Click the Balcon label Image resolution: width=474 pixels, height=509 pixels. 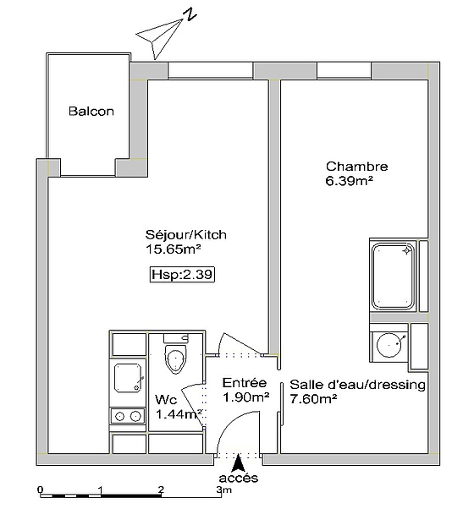pyautogui.click(x=91, y=112)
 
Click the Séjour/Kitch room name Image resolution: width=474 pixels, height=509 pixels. pyautogui.click(x=185, y=235)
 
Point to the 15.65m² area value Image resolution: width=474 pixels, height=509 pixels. pyautogui.click(x=173, y=249)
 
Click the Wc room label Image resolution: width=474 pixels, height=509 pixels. pyautogui.click(x=165, y=400)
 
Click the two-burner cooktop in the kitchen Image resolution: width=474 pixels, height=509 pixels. pyautogui.click(x=128, y=416)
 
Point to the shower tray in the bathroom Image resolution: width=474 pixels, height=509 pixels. pyautogui.click(x=394, y=275)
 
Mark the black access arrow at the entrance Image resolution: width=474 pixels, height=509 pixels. pyautogui.click(x=240, y=462)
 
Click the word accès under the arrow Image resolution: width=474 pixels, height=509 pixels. pyautogui.click(x=240, y=479)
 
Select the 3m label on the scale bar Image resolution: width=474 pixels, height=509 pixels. pyautogui.click(x=223, y=490)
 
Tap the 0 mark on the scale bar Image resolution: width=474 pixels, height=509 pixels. pyautogui.click(x=40, y=490)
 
